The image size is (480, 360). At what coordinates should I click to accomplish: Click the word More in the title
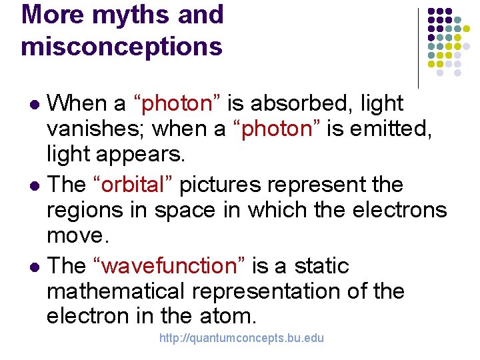tap(51, 15)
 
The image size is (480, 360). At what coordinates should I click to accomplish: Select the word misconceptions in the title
tap(122, 47)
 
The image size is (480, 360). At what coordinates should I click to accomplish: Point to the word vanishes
tap(91, 129)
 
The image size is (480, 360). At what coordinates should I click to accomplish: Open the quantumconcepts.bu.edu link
tap(241, 338)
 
